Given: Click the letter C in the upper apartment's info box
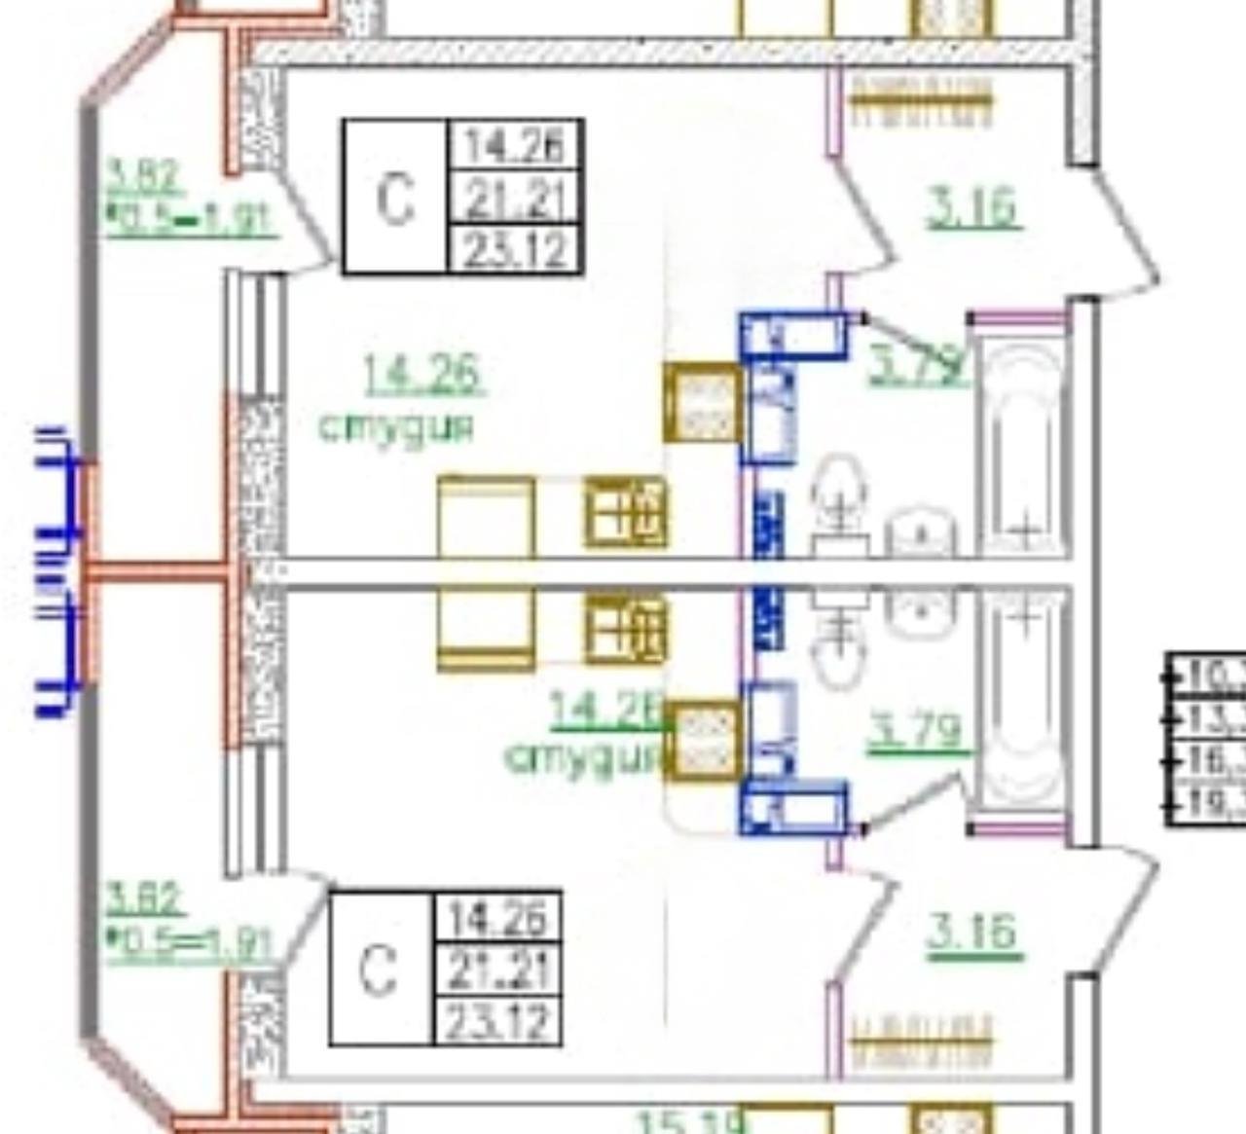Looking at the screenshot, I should [394, 199].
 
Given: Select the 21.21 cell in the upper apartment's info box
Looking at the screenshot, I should [514, 199].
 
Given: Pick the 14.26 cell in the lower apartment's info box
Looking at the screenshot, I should [497, 917].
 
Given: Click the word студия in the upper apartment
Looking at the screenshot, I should [397, 427].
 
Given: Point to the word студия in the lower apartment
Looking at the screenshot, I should [582, 756].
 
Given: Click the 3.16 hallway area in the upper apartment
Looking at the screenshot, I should [971, 208].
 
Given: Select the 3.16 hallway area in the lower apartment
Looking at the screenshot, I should [971, 933].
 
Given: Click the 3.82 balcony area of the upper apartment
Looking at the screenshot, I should [143, 177].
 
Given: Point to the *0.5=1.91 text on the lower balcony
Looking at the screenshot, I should [190, 943].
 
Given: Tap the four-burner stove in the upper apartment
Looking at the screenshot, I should [626, 513].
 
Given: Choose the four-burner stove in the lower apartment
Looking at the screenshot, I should [626, 630].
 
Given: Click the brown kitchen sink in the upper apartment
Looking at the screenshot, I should [702, 402].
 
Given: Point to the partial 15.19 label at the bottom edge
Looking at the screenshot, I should [687, 1121].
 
